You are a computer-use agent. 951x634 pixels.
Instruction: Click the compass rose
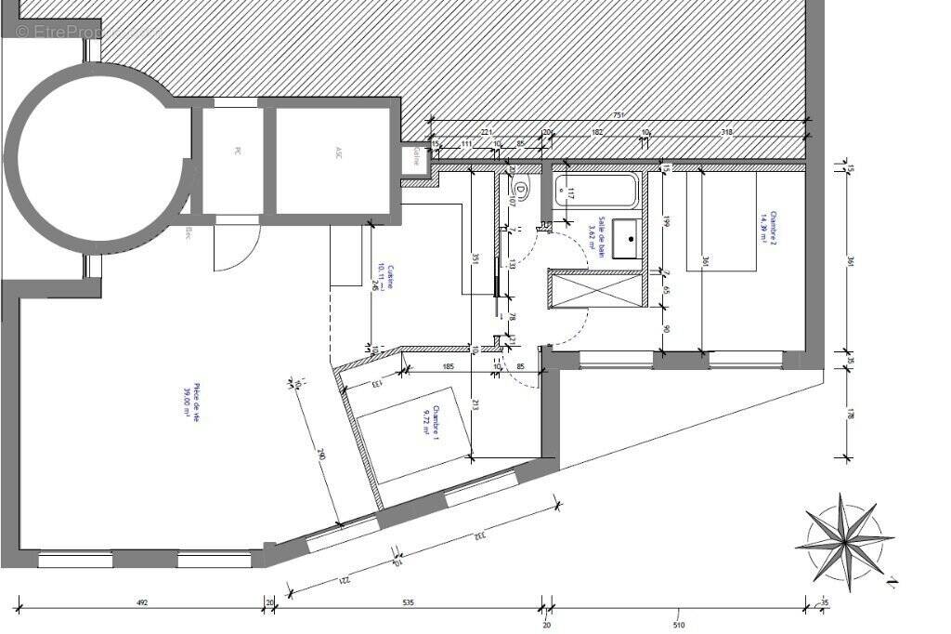pos(844,538)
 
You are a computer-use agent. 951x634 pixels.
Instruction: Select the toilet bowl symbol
pos(521,192)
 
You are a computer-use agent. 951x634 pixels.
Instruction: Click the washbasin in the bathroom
pos(630,238)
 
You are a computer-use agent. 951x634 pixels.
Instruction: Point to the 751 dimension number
pos(619,116)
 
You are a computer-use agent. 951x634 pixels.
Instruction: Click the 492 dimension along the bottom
pos(142,603)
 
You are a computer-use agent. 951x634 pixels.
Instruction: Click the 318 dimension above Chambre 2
pos(726,133)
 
